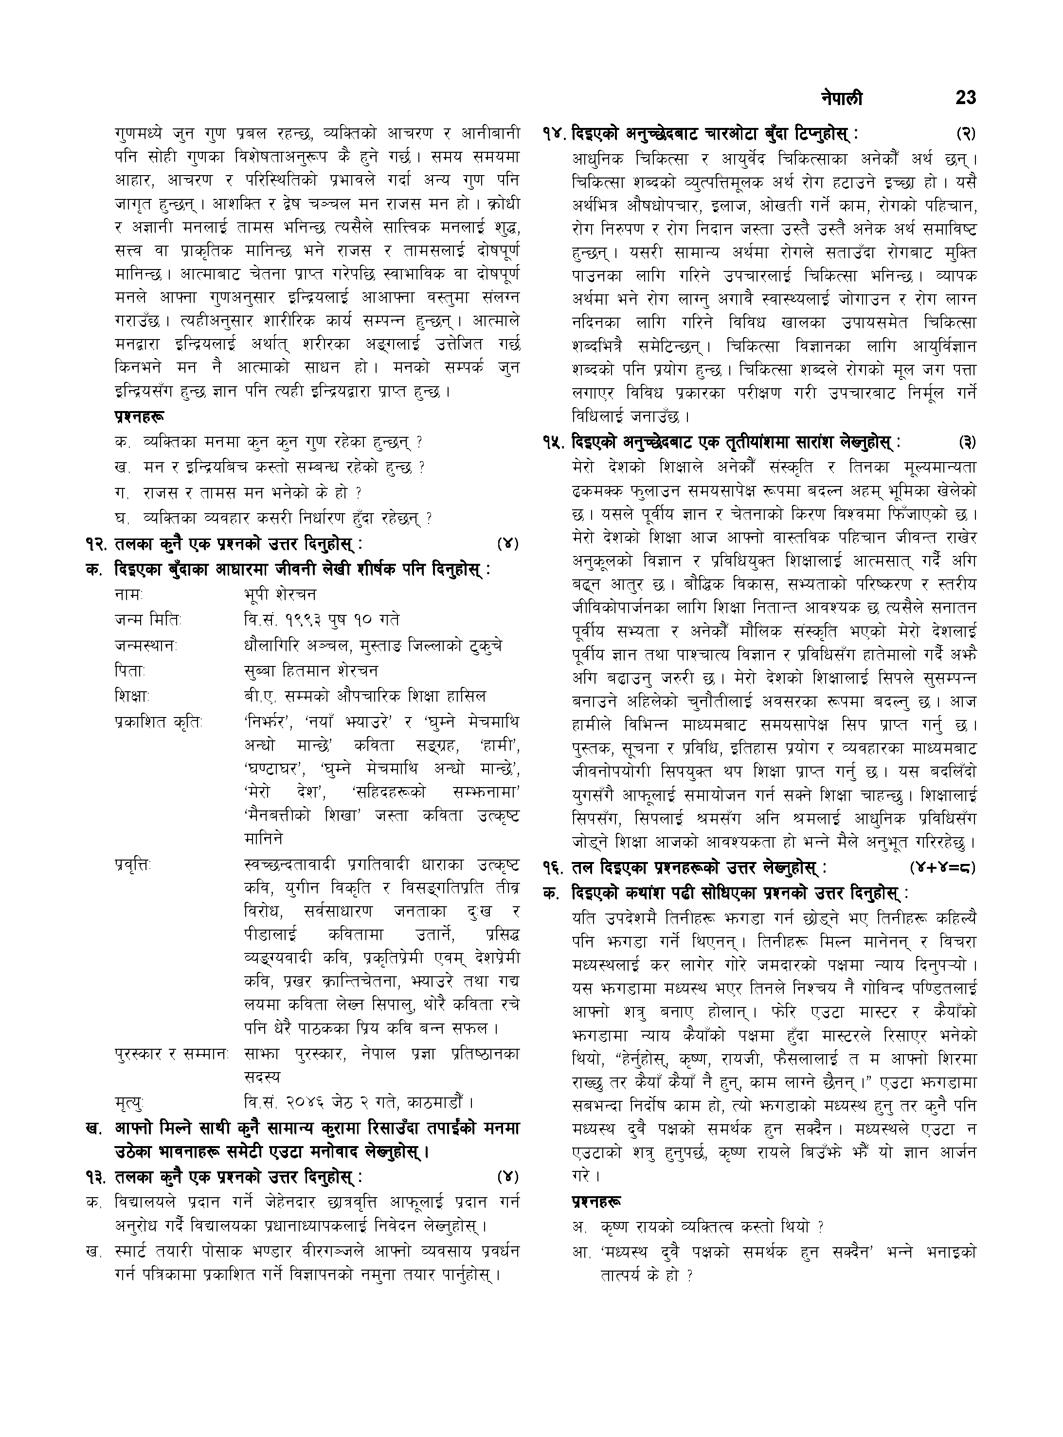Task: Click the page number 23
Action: pos(965,98)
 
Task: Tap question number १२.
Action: pos(97,543)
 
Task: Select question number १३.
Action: pos(97,1159)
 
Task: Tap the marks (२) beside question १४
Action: pos(965,134)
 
